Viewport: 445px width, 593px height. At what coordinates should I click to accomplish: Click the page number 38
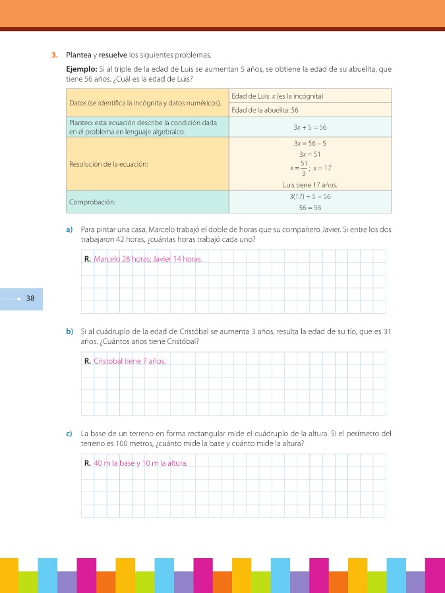30,298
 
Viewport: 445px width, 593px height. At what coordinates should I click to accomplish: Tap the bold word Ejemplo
82,69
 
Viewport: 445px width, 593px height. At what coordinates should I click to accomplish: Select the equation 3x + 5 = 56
310,127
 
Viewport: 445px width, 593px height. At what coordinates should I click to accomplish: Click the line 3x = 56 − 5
310,143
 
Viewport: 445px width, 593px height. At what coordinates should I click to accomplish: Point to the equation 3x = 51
310,155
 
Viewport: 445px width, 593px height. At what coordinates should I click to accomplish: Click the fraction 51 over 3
304,168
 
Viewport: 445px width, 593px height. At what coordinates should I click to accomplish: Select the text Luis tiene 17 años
310,185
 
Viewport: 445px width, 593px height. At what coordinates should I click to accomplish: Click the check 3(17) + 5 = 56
310,196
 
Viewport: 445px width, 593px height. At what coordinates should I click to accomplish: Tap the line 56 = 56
310,208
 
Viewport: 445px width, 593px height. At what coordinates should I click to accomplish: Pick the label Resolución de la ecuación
108,164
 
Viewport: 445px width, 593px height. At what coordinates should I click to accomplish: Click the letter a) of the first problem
69,229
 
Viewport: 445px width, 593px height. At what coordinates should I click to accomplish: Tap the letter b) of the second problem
69,331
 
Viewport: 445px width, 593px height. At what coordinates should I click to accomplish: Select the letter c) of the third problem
69,434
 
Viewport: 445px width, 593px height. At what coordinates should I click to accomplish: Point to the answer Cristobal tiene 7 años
129,361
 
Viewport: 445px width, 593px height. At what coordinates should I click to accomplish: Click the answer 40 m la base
114,463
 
